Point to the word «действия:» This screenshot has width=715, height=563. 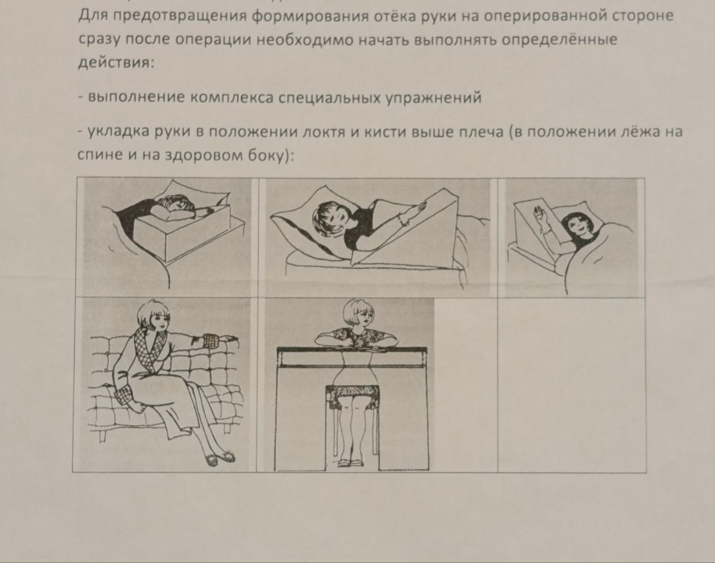pos(116,62)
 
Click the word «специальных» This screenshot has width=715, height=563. pos(329,98)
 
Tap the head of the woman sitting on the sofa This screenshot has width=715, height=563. pos(154,315)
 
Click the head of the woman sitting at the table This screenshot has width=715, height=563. pos(359,313)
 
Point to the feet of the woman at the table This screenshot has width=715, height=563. pos(350,462)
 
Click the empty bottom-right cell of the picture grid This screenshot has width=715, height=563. pos(571,385)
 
